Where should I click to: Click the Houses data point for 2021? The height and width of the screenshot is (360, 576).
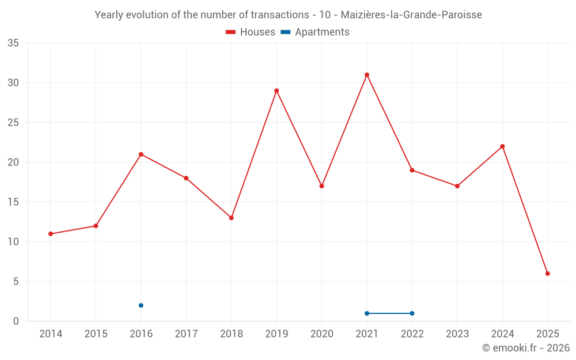click(x=367, y=75)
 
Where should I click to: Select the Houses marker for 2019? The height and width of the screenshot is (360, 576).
click(x=276, y=90)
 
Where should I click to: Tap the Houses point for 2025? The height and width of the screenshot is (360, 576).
click(x=548, y=274)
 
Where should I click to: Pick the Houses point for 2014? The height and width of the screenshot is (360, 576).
click(x=51, y=234)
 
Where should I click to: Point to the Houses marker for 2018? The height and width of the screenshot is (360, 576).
click(x=232, y=218)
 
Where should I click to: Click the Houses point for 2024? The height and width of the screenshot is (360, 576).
click(x=502, y=146)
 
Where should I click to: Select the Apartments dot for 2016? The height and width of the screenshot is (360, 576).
click(x=141, y=305)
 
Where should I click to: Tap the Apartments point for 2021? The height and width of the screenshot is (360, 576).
click(x=367, y=313)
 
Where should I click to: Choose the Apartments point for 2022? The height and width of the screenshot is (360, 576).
click(x=412, y=313)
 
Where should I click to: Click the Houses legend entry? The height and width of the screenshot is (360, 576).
click(x=251, y=32)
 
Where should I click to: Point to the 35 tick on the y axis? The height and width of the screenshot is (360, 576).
click(x=13, y=43)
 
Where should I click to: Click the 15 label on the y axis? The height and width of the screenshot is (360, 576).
click(x=13, y=202)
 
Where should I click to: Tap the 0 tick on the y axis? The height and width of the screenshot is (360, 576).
click(x=16, y=321)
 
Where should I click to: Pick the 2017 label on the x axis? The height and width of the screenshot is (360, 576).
click(x=186, y=334)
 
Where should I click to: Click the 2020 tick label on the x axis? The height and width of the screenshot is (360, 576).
click(x=322, y=334)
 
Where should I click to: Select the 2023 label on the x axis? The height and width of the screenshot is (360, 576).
click(x=457, y=334)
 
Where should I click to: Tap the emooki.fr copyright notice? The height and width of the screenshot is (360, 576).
click(x=525, y=348)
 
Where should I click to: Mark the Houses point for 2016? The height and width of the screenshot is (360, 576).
click(x=141, y=154)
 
